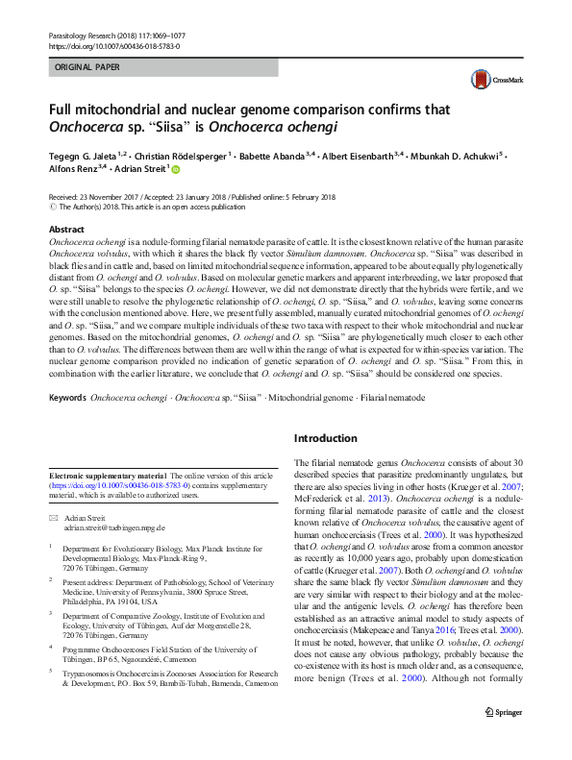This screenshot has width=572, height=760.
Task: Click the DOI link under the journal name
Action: coord(112,44)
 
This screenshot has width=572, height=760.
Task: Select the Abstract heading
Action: coord(67,230)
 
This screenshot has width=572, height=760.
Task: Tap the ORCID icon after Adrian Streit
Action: coord(176,167)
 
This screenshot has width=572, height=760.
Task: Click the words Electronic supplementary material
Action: coord(107,476)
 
